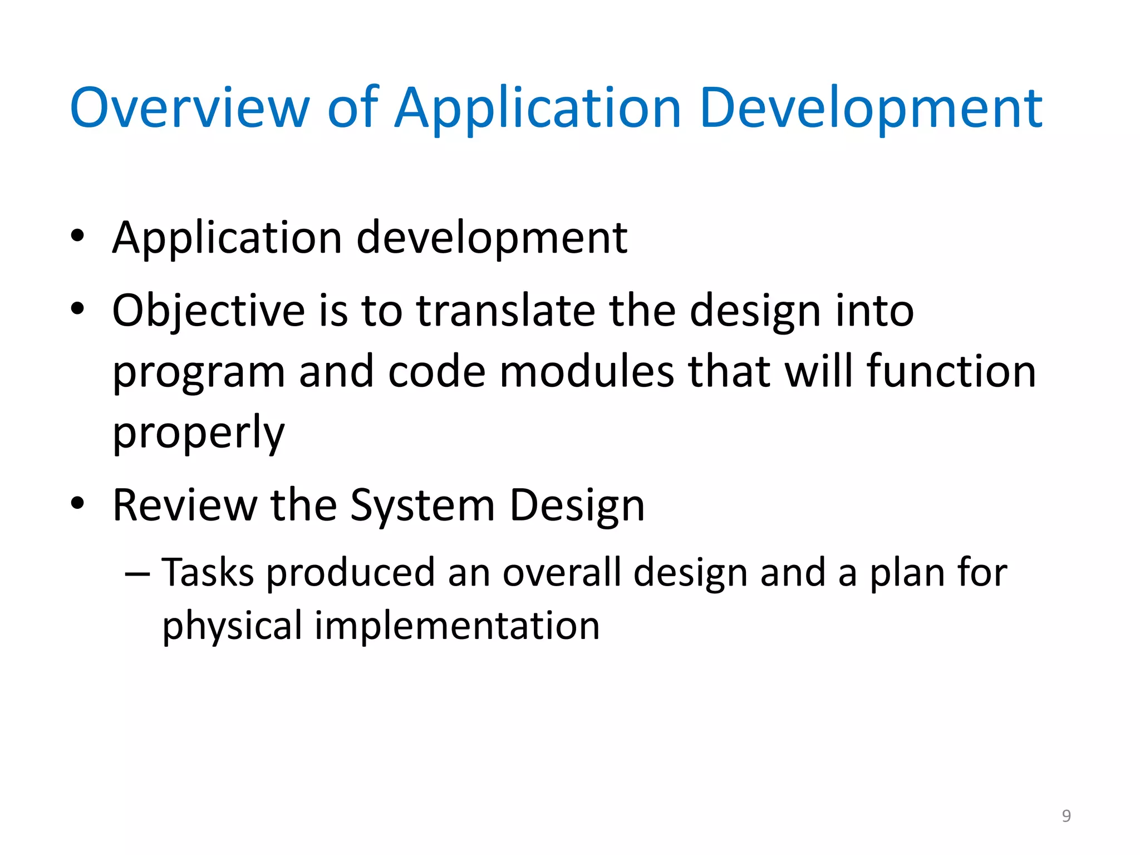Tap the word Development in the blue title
[871, 109]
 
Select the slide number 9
[1066, 815]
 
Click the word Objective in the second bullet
[208, 311]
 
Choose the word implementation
[457, 626]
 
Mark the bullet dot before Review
[77, 503]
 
